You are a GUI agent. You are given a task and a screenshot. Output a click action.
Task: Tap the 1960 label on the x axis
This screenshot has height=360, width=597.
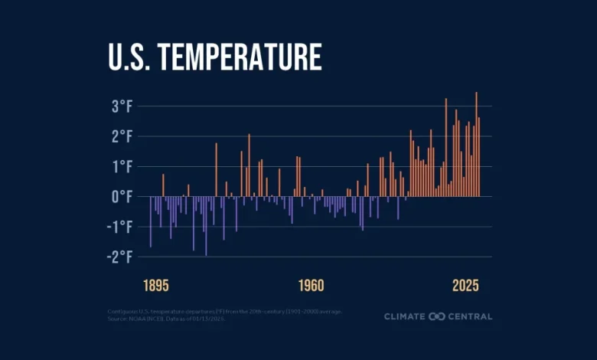tap(311, 286)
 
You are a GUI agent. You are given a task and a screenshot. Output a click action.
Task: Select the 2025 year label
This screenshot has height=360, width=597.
tap(465, 286)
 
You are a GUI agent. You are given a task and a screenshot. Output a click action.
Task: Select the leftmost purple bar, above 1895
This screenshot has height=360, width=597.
tap(151, 221)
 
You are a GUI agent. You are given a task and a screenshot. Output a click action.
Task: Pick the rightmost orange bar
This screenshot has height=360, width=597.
tap(479, 157)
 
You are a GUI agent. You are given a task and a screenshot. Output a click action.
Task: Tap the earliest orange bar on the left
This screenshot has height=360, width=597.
tap(163, 185)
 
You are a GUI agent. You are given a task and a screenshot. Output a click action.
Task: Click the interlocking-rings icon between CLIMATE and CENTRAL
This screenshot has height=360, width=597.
tap(437, 316)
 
